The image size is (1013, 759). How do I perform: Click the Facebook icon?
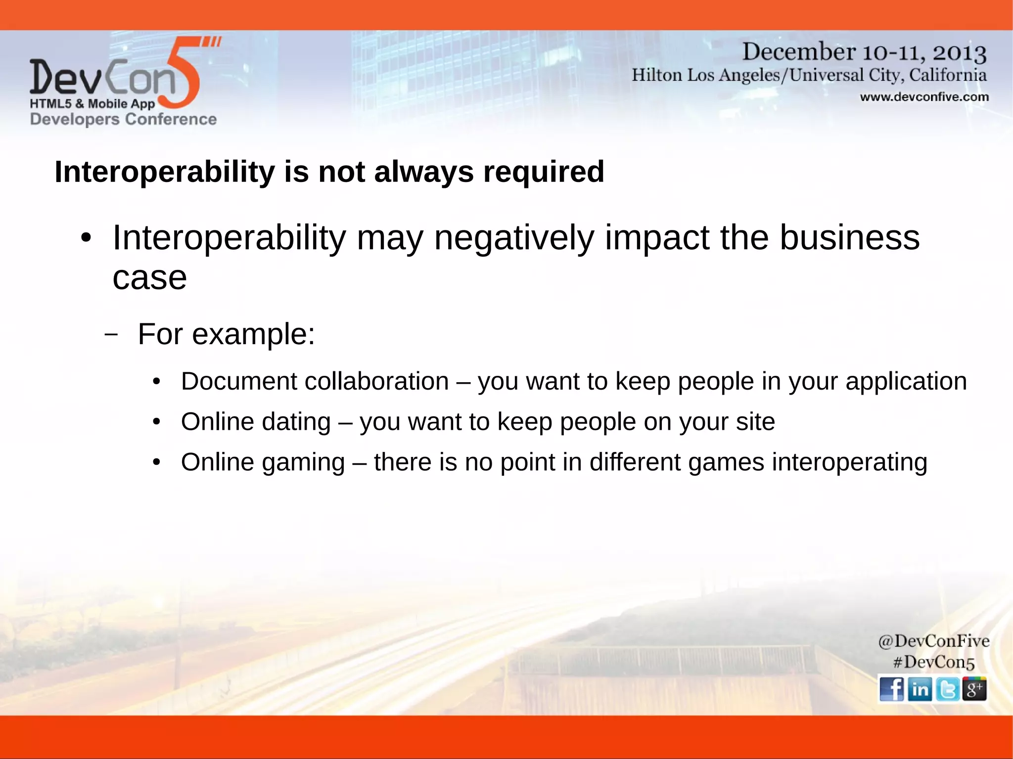click(891, 689)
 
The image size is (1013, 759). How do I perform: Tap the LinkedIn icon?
click(920, 689)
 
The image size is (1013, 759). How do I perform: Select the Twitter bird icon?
click(947, 689)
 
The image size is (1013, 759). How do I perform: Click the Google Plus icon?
click(974, 689)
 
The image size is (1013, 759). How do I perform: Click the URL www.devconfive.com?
click(924, 97)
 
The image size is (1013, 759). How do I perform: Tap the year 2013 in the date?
click(960, 52)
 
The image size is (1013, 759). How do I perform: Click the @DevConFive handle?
click(933, 641)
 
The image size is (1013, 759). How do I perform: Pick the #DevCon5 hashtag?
click(933, 662)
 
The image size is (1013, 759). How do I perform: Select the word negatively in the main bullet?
click(514, 238)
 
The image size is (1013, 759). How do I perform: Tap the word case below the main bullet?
click(149, 278)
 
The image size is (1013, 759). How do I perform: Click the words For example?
click(226, 334)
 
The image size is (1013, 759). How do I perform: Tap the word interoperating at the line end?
click(849, 463)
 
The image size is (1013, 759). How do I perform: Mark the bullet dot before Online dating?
click(157, 422)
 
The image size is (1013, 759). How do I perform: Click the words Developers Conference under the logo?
click(123, 119)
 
